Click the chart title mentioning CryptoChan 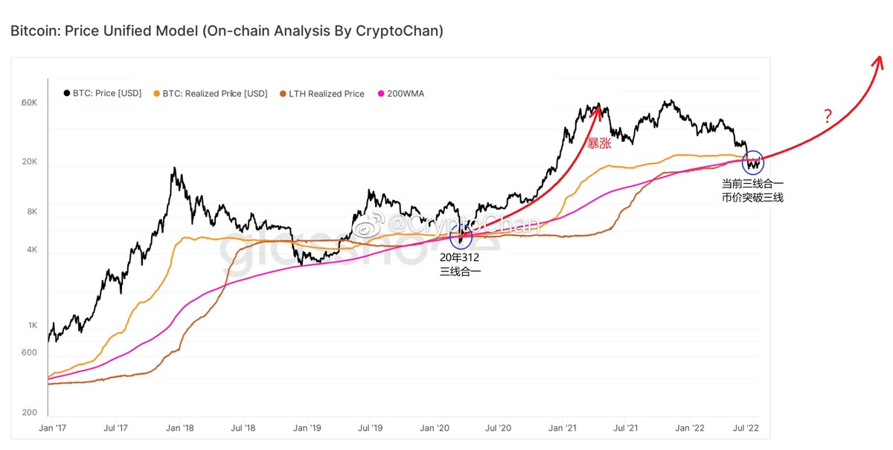pos(227,31)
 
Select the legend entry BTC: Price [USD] pos(102,94)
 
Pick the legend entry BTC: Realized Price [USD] pos(210,94)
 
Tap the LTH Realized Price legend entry pos(321,94)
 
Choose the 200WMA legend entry pos(401,94)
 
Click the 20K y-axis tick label pos(28,162)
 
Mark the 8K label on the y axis pos(31,211)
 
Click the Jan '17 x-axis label pos(52,428)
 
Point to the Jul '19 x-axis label pos(370,428)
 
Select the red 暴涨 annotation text pos(599,144)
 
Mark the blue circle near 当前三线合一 pos(752,163)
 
